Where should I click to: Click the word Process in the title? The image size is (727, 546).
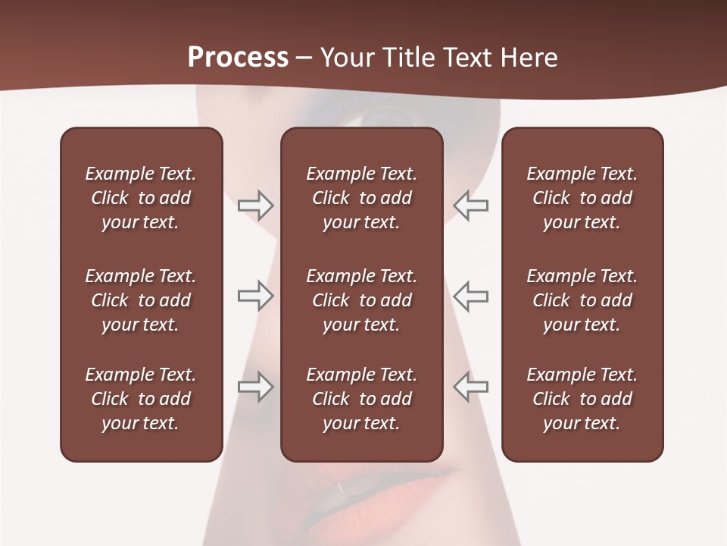(238, 58)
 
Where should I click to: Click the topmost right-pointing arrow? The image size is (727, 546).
(255, 206)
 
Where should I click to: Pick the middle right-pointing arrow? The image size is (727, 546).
(255, 296)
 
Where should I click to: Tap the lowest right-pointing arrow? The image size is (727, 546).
(255, 387)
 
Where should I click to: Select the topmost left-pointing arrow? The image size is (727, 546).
(470, 206)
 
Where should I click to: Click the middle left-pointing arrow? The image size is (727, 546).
(470, 296)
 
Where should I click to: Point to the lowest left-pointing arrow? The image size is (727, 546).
(470, 387)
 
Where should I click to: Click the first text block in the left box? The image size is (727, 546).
(141, 198)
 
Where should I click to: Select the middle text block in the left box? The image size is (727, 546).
(141, 300)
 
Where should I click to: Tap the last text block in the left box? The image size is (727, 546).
(141, 399)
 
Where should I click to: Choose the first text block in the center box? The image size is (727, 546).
(361, 198)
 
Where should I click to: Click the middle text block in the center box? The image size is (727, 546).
(361, 300)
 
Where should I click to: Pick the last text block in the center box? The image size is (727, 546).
(361, 399)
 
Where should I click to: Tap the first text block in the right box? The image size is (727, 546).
(582, 198)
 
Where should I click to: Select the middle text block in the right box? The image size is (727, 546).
(582, 300)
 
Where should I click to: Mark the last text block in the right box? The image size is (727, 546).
(582, 399)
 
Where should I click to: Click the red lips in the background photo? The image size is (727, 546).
(394, 493)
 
